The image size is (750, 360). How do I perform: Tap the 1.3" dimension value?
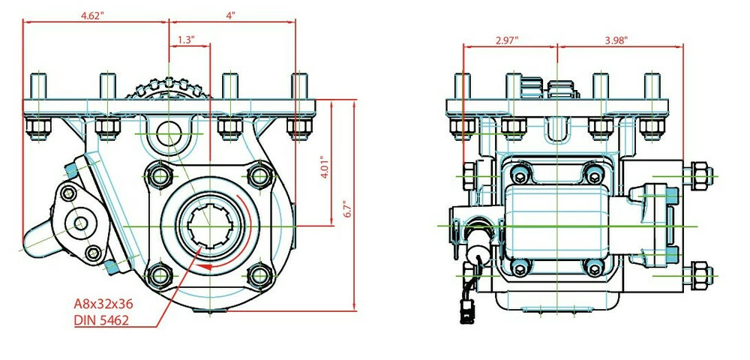[x=187, y=40]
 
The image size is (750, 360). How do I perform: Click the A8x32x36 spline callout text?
[x=106, y=304]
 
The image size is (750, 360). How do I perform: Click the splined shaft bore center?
[x=211, y=225]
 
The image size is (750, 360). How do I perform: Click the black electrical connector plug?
[x=469, y=310]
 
